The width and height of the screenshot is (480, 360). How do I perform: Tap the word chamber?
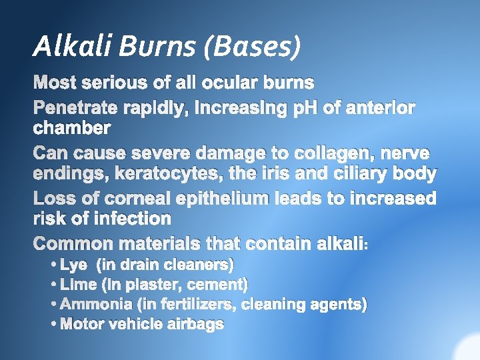click(x=72, y=127)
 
